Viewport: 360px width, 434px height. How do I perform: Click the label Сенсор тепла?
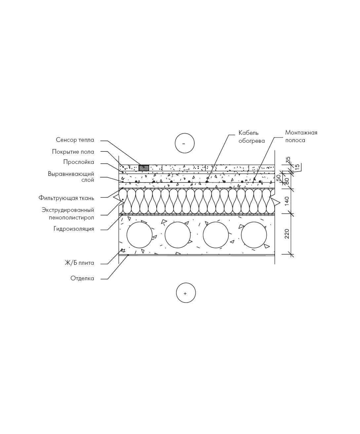point(75,140)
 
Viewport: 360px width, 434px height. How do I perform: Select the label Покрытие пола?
point(73,152)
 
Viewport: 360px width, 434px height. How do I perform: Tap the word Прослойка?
point(79,162)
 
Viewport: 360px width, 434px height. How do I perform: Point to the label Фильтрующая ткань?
point(66,198)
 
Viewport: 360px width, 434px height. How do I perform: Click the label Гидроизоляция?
point(74,229)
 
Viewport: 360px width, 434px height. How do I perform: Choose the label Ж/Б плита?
point(79,263)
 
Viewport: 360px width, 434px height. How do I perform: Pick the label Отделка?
point(82,278)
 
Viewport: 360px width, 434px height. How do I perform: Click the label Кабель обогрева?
point(252,137)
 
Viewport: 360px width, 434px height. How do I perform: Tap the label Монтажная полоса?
point(301,137)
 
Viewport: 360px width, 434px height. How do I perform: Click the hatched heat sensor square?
point(144,168)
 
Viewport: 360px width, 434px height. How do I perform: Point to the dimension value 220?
point(287,234)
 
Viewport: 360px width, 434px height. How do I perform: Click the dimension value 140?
point(287,201)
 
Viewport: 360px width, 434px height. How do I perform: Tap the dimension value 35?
point(288,160)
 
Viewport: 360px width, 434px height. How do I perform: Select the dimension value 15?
point(297,167)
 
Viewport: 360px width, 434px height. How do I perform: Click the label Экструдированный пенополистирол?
point(68,214)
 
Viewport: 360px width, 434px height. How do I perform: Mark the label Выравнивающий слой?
point(71,177)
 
